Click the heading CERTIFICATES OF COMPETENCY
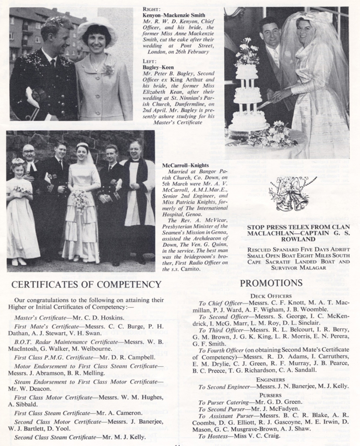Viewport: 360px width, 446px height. (86, 284)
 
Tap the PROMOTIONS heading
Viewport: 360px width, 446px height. (271, 283)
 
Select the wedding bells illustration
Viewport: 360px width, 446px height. (288, 194)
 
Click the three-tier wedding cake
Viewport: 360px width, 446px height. (248, 96)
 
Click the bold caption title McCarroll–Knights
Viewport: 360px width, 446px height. (183, 165)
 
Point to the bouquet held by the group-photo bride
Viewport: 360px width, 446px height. (80, 199)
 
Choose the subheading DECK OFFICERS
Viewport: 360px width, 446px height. (271, 296)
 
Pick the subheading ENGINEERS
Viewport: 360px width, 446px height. (271, 379)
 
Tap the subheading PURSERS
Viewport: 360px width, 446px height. (271, 395)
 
